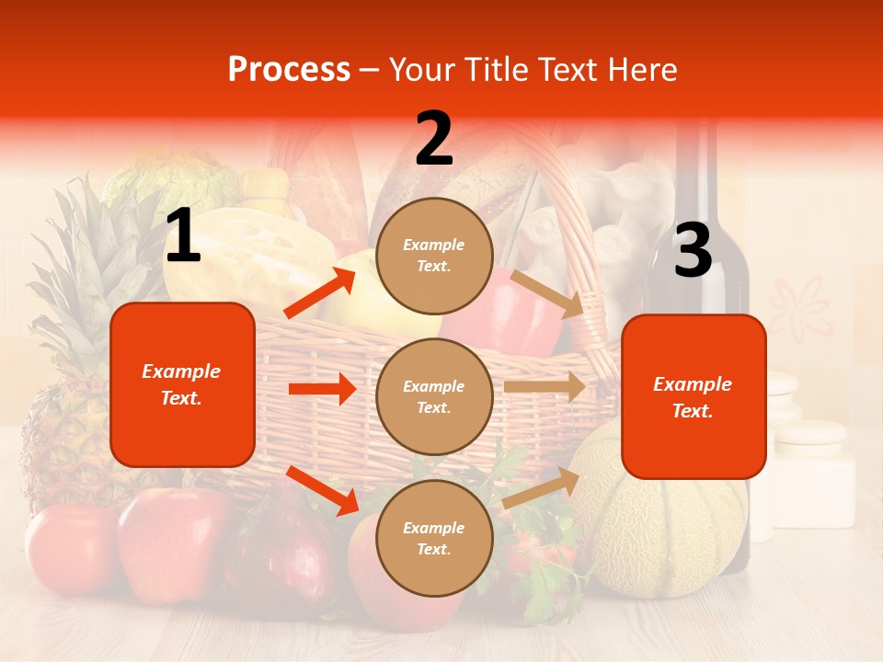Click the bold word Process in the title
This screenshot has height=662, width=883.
[x=289, y=70]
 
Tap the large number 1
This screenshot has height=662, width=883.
[x=183, y=235]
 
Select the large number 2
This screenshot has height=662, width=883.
[x=434, y=139]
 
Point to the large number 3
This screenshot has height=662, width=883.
[x=693, y=251]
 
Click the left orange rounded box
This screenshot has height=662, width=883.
[x=182, y=384]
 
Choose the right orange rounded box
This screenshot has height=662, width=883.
[x=694, y=397]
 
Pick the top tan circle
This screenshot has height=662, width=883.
[x=434, y=256]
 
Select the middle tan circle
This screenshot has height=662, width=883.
[x=434, y=396]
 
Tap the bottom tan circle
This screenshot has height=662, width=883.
[x=434, y=538]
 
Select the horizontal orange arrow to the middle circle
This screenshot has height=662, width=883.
[x=322, y=389]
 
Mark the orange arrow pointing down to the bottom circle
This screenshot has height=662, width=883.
[x=323, y=490]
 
